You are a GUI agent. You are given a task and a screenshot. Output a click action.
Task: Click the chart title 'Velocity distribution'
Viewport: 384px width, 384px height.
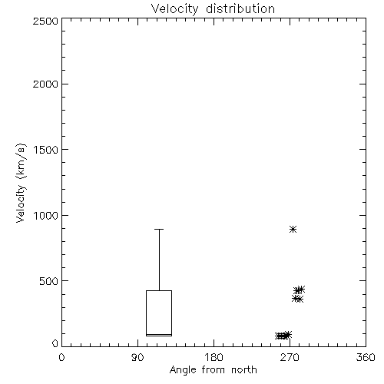pos(213,9)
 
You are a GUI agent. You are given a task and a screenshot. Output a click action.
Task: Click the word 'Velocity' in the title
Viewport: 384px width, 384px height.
pos(174,9)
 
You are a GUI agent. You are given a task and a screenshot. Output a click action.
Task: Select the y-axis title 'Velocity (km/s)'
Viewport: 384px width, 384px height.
pos(21,183)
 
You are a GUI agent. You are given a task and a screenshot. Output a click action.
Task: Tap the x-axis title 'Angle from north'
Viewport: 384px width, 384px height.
pos(213,370)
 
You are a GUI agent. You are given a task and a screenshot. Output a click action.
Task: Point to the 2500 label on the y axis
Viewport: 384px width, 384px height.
pos(45,21)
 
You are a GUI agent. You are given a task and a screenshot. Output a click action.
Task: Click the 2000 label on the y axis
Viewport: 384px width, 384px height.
pos(45,84)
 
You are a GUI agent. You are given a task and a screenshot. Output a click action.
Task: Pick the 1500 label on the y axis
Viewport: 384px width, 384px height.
pos(46,150)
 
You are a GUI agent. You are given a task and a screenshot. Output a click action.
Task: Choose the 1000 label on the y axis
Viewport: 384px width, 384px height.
pos(46,216)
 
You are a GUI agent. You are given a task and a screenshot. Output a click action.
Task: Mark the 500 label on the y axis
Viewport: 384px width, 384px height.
pos(48,281)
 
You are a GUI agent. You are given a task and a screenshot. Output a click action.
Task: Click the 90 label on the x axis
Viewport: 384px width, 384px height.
pos(137,357)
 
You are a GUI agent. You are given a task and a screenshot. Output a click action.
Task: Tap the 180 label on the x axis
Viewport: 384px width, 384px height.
pos(214,357)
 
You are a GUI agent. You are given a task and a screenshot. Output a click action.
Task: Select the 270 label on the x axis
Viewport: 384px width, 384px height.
pos(290,357)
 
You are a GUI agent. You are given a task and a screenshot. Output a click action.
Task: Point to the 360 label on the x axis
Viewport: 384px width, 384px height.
pos(366,357)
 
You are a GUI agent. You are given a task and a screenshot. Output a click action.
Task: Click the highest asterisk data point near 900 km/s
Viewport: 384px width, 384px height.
pos(293,229)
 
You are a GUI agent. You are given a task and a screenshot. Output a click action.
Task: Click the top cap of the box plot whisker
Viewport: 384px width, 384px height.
pos(159,229)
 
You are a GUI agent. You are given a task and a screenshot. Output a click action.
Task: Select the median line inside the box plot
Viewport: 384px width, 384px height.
pos(159,334)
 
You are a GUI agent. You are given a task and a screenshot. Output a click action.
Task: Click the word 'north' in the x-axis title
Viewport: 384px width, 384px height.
pos(244,369)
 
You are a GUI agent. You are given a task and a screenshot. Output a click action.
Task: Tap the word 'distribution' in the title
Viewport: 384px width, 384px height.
pos(240,9)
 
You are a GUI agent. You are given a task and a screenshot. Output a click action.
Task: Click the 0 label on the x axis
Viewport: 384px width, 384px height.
pos(61,357)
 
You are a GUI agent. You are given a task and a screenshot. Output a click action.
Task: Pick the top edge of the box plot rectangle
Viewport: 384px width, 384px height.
pos(159,290)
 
